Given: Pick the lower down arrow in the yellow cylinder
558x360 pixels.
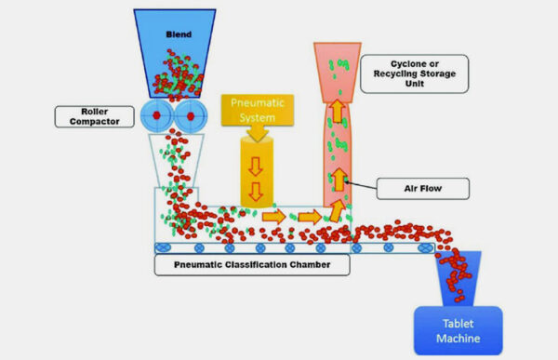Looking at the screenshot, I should click(253, 194).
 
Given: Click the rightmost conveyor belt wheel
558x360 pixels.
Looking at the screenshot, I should click(425, 249).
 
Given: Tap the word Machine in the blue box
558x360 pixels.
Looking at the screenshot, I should click(458, 339).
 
